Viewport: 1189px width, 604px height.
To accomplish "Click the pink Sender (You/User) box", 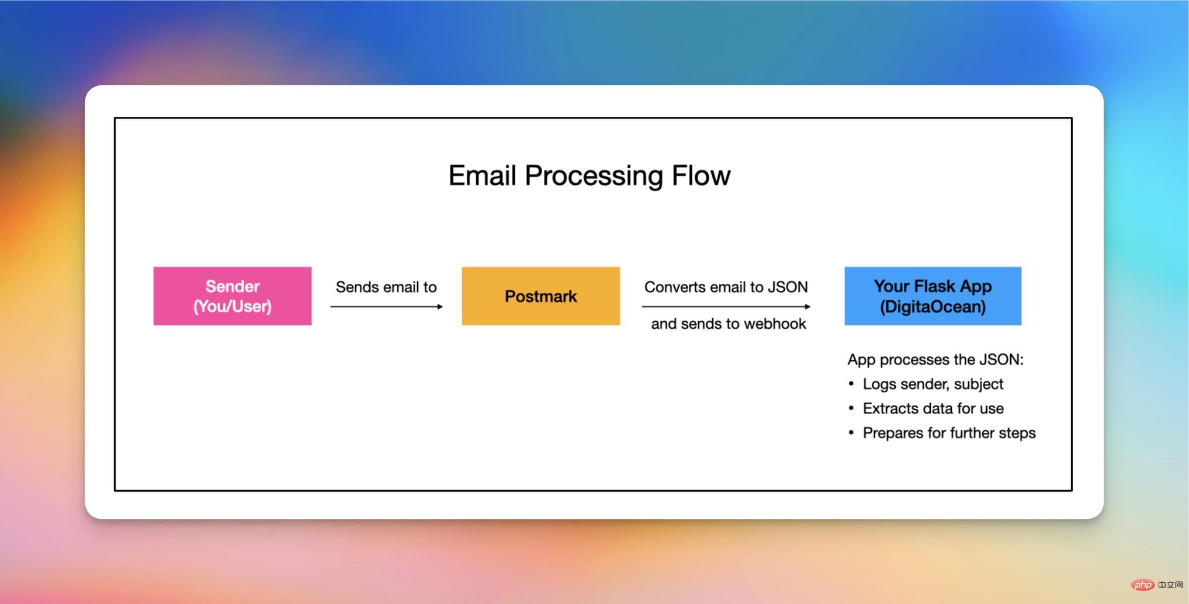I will tap(232, 296).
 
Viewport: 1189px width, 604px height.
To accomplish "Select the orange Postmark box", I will tap(540, 296).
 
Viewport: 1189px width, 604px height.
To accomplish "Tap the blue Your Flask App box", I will tap(933, 296).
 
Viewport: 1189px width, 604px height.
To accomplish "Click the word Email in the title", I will tap(482, 175).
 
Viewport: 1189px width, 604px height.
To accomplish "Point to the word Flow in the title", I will tap(701, 175).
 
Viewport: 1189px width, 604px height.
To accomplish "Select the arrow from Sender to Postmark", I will tap(386, 306).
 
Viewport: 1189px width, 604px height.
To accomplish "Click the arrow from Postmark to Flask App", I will tap(726, 306).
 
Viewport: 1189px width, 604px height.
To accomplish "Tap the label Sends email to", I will tap(386, 287).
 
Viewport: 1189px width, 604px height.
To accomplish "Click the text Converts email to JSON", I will tap(726, 287).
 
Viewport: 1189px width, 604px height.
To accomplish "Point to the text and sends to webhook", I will tap(728, 324).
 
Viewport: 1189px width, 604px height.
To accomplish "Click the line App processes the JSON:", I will tap(935, 359).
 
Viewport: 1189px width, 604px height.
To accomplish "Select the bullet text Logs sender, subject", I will tap(933, 384).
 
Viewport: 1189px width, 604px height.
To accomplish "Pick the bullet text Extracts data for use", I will tap(933, 408).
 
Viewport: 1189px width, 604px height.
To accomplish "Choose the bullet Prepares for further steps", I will tap(948, 433).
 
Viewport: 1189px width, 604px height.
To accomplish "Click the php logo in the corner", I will tap(1143, 585).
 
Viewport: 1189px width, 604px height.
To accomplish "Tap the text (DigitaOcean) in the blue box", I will tap(933, 307).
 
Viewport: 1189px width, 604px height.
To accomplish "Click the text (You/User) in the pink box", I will tap(232, 307).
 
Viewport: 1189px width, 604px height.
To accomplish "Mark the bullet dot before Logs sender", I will tap(851, 383).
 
